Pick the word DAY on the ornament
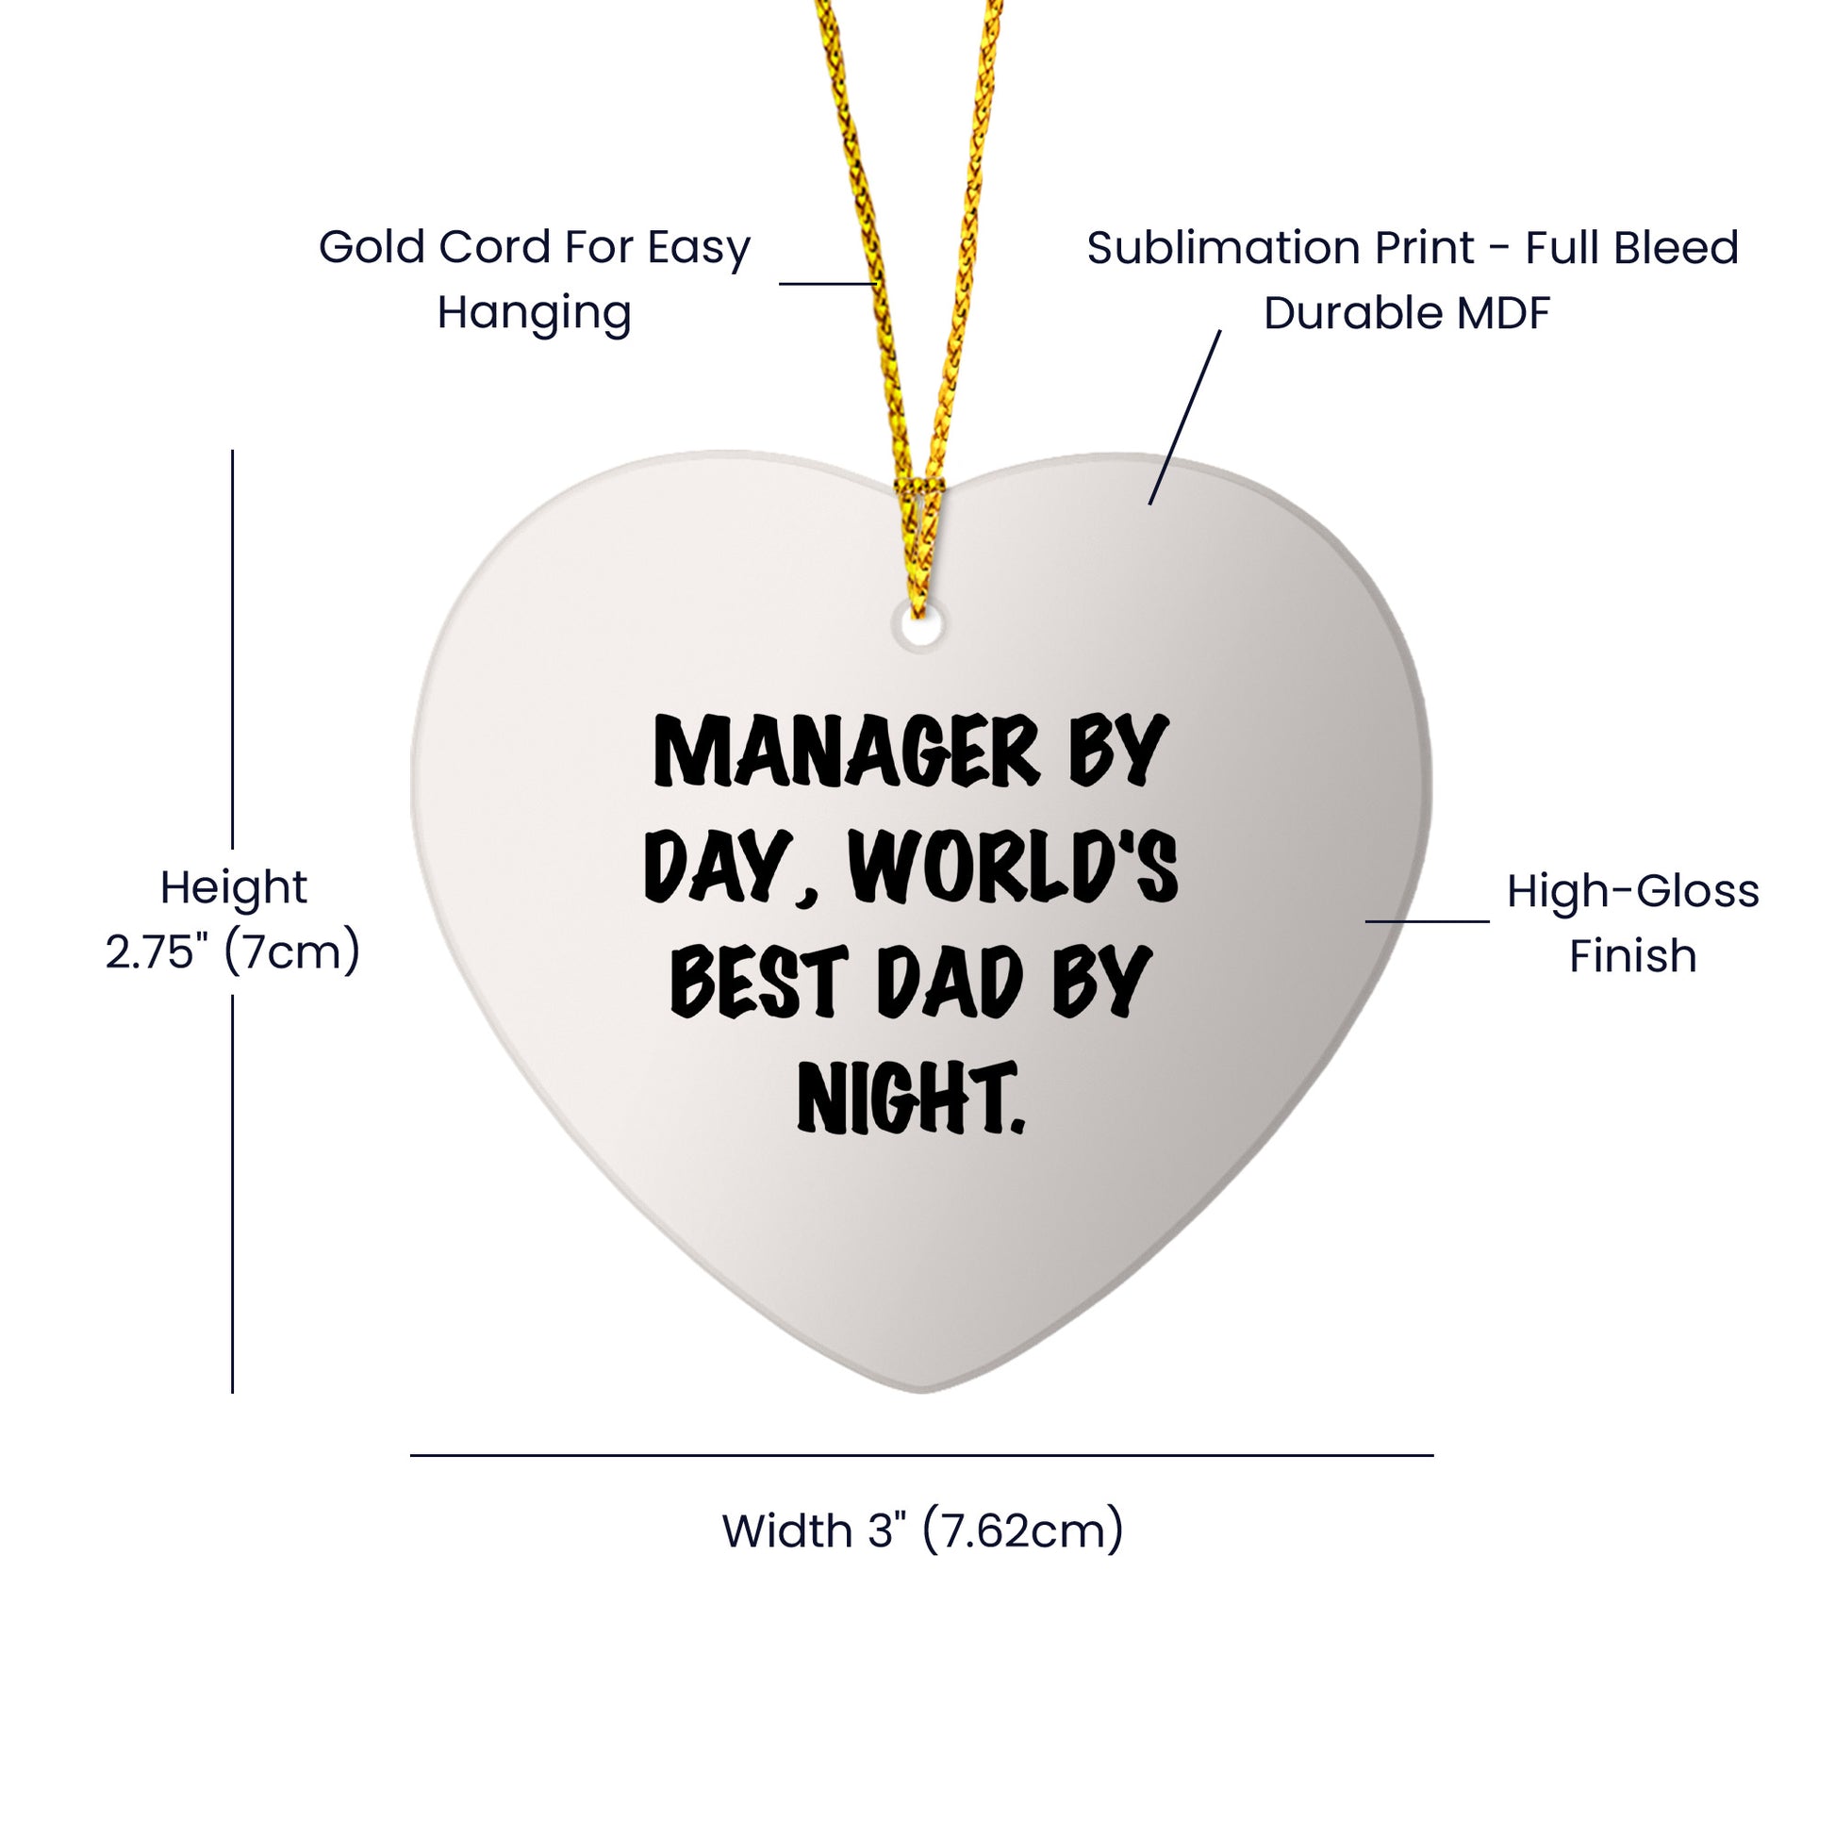click(716, 867)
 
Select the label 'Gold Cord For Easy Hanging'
click(535, 279)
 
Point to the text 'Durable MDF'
click(1407, 312)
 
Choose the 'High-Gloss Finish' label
click(1632, 924)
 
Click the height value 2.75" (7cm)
click(233, 952)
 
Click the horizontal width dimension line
click(921, 1455)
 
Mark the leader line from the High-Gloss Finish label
click(1428, 920)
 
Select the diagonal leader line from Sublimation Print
click(1184, 417)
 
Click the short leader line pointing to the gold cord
click(827, 283)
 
